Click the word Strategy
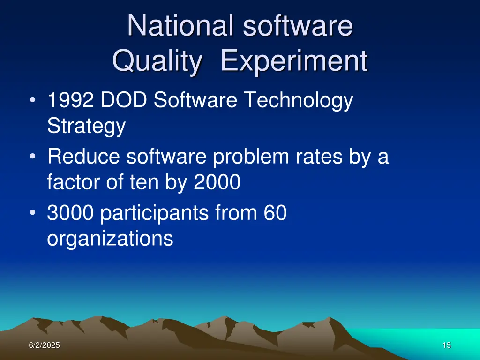pyautogui.click(x=86, y=127)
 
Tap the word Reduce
pyautogui.click(x=83, y=157)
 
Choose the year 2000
pyautogui.click(x=217, y=182)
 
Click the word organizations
pyautogui.click(x=110, y=239)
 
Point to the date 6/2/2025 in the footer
pyautogui.click(x=44, y=345)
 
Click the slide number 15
pyautogui.click(x=446, y=345)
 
